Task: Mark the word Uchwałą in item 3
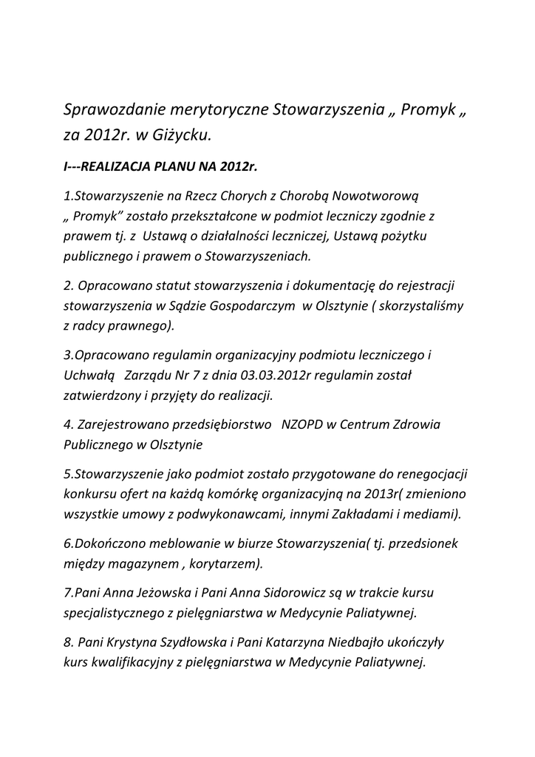tap(86, 376)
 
